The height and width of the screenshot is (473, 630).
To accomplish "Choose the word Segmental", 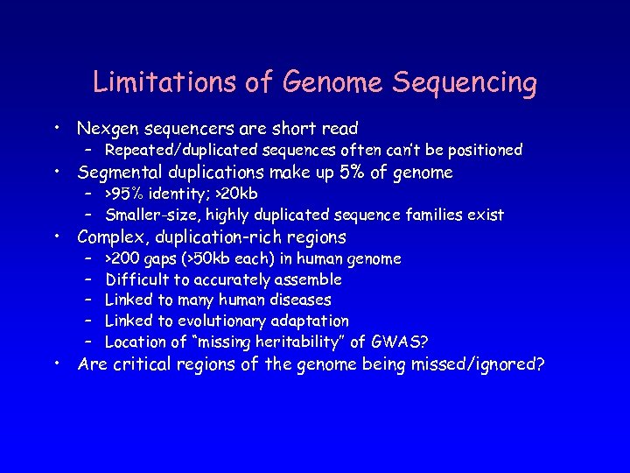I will click(x=121, y=173).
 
